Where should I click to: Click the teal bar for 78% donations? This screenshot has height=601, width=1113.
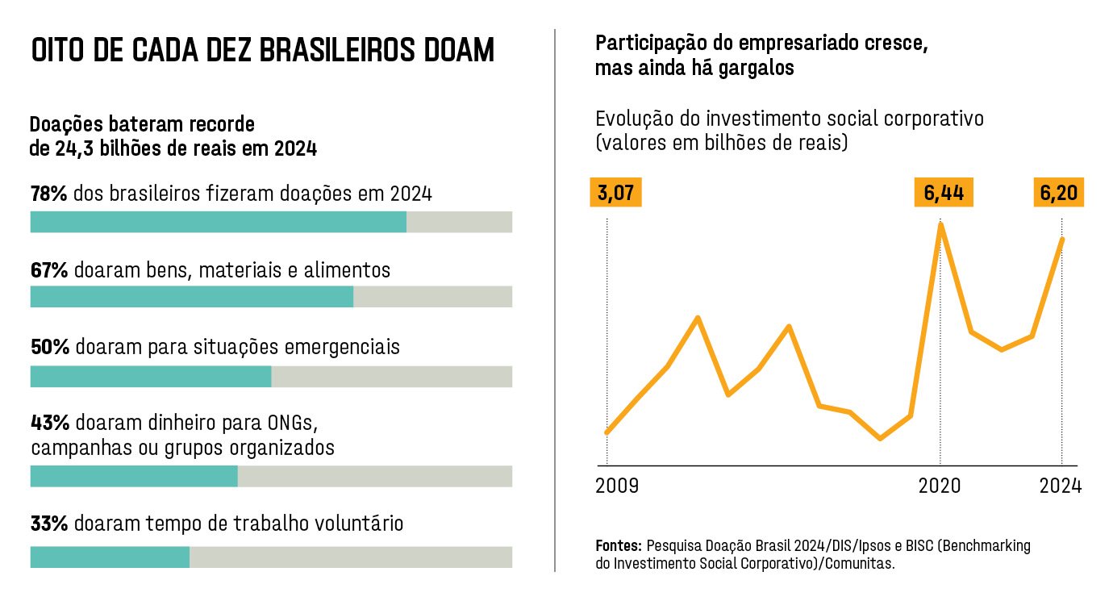218,222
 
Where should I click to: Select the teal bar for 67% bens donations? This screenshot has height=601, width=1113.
191,297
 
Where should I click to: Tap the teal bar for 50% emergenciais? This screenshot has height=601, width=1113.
150,377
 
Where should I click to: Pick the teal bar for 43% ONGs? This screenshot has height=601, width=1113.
133,477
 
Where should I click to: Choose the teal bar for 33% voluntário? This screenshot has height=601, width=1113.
110,557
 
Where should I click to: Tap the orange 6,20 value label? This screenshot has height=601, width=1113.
1058,194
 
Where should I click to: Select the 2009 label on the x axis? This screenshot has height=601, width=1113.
617,486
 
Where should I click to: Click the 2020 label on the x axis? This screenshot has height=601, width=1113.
940,486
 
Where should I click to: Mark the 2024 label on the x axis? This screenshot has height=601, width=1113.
1060,486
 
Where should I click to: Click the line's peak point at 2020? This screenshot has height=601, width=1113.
940,224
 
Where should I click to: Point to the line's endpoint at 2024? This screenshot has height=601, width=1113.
1062,240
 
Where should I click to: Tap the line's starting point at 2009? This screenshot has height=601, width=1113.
607,432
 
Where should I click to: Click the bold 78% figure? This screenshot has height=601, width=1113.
48,194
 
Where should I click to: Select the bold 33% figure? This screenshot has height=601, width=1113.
48,524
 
